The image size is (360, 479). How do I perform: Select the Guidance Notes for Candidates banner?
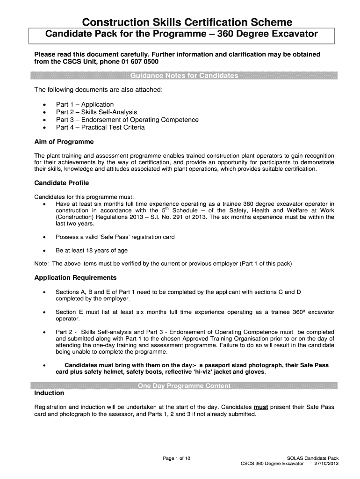pos(183,76)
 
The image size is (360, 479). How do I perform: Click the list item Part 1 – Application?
pos(85,104)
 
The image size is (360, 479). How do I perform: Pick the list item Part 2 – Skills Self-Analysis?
pos(96,112)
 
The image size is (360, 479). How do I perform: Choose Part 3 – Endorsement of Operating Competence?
pos(127,120)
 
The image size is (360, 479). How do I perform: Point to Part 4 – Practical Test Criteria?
pos(100,127)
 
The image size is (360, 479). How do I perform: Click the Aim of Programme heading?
pos(64,142)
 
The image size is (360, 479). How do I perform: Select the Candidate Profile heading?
pos(62,183)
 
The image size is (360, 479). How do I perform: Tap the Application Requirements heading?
pos(75,277)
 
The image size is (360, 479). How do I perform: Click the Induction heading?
pos(49,393)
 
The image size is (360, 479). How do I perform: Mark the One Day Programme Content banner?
pos(184,386)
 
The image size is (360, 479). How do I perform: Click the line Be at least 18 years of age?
pos(91,250)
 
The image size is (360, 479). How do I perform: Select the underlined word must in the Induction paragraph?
pos(260,407)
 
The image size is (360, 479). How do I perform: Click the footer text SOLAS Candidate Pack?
pos(312,458)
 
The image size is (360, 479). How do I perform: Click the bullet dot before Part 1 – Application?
pos(44,105)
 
